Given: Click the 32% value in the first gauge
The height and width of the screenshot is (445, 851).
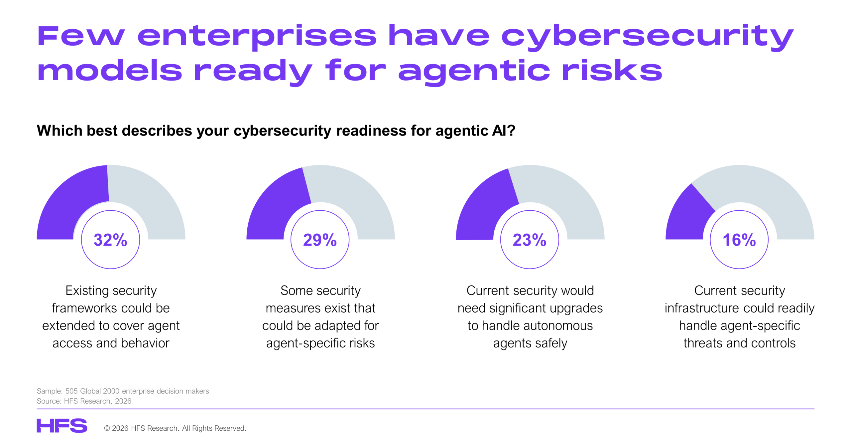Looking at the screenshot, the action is pos(110,240).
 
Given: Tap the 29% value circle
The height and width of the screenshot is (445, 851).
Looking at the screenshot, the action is pos(320,240).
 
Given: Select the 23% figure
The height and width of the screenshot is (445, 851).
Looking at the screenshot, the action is pos(529,240).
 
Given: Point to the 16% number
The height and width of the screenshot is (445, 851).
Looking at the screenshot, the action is pos(739,240).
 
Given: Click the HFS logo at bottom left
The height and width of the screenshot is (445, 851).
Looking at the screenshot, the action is pos(62,426).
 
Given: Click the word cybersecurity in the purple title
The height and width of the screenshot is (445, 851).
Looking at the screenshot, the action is pos(647,36).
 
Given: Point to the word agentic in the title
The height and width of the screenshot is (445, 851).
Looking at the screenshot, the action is pos(474,72).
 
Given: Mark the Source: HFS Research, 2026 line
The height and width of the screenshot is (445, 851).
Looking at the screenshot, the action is pos(84,401).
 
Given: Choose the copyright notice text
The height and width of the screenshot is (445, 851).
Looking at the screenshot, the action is pos(175,428).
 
